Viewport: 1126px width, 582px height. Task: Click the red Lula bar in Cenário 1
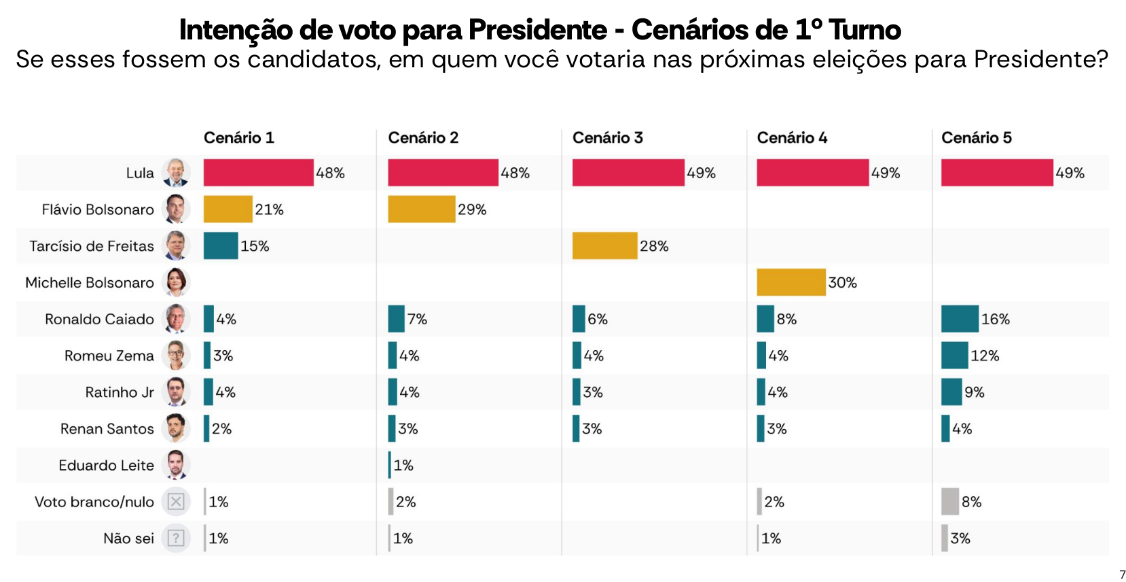pos(258,173)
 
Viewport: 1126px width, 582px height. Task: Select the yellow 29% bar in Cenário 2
pos(421,209)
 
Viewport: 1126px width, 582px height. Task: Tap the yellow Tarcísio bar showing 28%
pos(604,246)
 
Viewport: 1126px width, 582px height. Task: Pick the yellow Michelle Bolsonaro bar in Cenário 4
pos(791,282)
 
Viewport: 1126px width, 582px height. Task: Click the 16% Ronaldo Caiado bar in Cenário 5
pos(960,319)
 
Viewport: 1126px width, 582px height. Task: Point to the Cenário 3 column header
pos(607,138)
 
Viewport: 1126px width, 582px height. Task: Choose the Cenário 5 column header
pos(976,138)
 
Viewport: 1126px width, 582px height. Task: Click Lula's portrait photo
pos(176,173)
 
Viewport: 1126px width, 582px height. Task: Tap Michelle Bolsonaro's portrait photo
pos(176,282)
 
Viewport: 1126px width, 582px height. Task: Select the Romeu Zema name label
pos(109,356)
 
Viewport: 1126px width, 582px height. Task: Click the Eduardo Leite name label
pos(106,466)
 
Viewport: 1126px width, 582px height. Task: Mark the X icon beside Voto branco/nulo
pos(176,502)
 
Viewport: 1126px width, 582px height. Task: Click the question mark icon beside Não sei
pos(176,538)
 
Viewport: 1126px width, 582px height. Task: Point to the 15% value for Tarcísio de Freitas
pos(255,246)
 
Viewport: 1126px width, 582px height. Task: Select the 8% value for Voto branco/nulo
pos(971,502)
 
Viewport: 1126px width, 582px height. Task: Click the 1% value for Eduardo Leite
pos(403,466)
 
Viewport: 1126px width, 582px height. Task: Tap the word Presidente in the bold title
pos(537,30)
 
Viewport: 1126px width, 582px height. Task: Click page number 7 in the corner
pos(1122,575)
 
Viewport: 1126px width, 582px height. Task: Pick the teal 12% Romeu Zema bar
pos(954,356)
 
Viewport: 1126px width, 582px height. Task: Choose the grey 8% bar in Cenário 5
pos(949,502)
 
